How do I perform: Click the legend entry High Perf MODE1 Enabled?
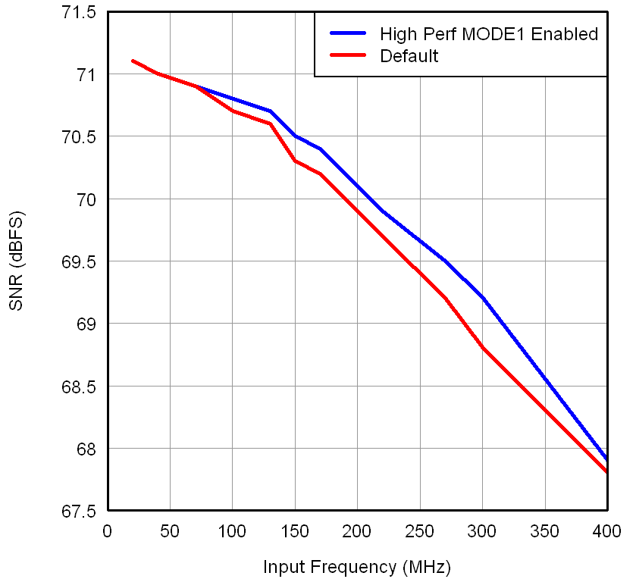point(489,34)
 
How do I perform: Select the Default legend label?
point(409,56)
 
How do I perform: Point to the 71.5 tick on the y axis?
point(80,13)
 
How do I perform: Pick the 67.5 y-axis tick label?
point(80,512)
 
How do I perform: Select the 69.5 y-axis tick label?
point(80,262)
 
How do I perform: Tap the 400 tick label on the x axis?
point(606,530)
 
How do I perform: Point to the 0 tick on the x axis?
point(108,530)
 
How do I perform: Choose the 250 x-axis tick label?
point(419,530)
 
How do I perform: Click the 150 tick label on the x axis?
point(295,530)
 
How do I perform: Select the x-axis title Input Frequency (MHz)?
point(357,566)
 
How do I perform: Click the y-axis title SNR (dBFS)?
point(17,262)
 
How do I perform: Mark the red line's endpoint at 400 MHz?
point(606,472)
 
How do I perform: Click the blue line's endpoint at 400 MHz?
point(606,459)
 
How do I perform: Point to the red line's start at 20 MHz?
point(133,61)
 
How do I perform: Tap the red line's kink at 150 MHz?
point(295,161)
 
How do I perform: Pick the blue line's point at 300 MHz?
point(482,298)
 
